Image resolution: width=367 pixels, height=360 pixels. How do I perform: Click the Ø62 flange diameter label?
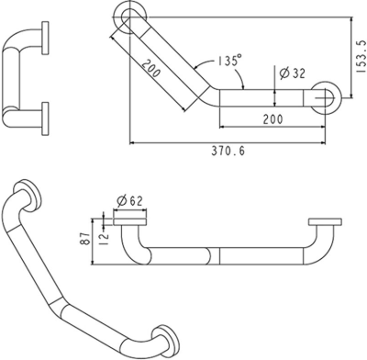(x=130, y=199)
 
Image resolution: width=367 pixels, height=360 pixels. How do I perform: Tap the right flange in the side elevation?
(x=325, y=222)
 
